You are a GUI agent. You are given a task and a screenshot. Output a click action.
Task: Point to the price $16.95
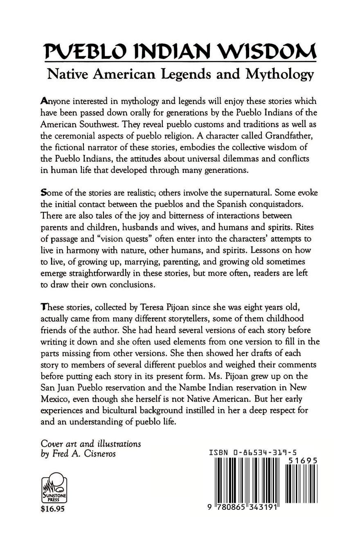53,509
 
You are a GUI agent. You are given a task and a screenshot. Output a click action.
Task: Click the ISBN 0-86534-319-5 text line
253,453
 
